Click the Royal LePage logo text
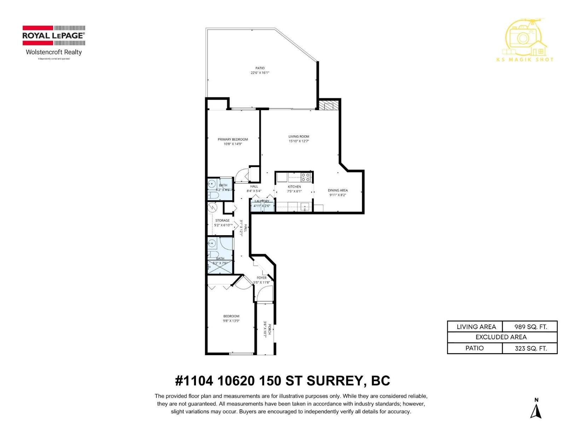coord(53,35)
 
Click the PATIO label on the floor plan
coord(260,68)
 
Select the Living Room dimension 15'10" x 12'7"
coord(299,141)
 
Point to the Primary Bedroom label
coord(233,139)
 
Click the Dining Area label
coord(337,190)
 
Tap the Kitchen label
coord(294,187)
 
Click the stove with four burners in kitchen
coord(306,177)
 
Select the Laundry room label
coord(262,201)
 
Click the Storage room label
coord(223,220)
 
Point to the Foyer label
coord(261,278)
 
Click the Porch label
coord(270,329)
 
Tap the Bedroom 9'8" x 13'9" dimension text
coord(231,321)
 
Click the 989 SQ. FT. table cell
coord(530,327)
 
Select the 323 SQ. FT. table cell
coord(530,348)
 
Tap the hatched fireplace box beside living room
coord(329,105)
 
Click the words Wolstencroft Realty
coord(54,52)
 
